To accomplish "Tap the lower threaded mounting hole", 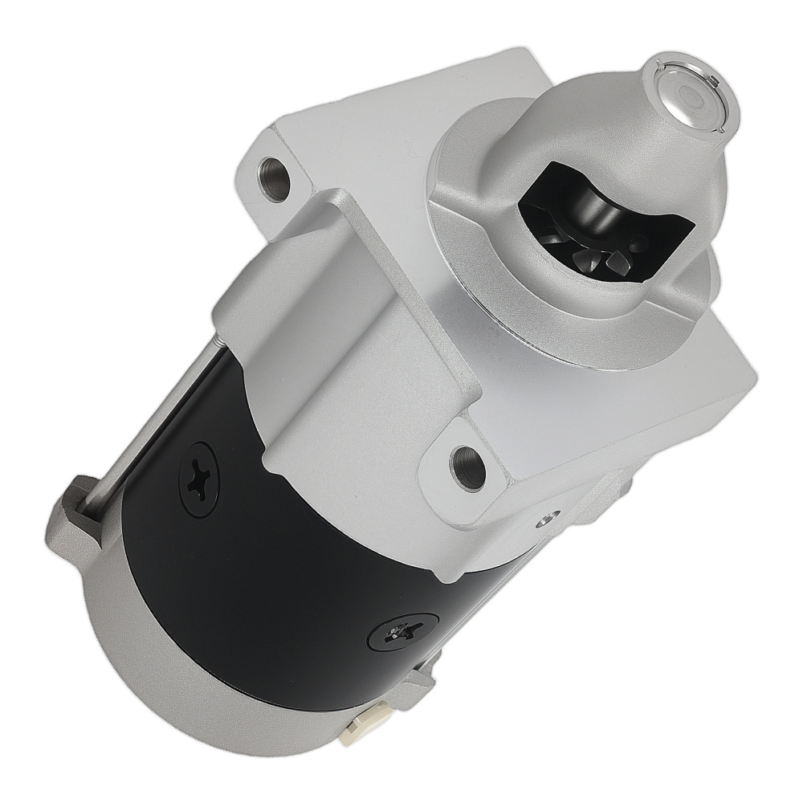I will (467, 464).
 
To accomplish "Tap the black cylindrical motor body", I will (281, 578).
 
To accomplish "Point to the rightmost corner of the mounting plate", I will (755, 377).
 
